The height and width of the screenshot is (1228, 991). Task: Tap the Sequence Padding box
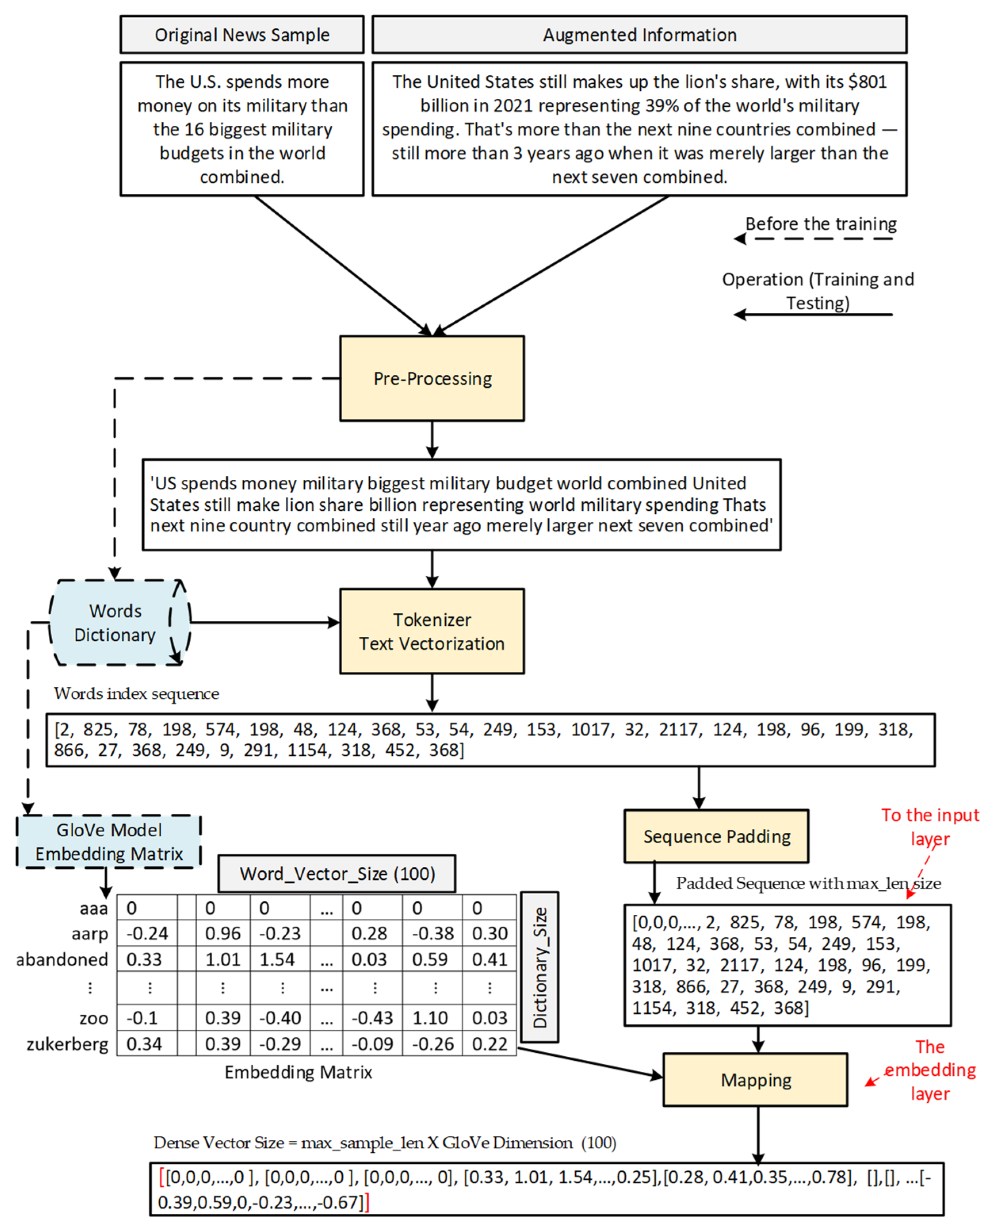716,836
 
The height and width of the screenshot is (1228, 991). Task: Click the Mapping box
755,1079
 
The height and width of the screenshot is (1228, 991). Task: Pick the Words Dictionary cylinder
116,623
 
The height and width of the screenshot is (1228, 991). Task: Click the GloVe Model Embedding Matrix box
109,841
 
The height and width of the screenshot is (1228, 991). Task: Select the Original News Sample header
242,35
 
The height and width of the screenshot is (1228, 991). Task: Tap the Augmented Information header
640,35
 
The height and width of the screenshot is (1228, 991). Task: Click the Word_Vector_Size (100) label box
337,873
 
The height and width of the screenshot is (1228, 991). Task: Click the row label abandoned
62,959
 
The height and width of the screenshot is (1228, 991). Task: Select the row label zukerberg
67,1044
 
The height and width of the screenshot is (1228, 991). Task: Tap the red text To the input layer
929,826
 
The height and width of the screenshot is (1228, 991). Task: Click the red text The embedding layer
929,1070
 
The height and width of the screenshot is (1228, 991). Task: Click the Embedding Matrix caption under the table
298,1072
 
